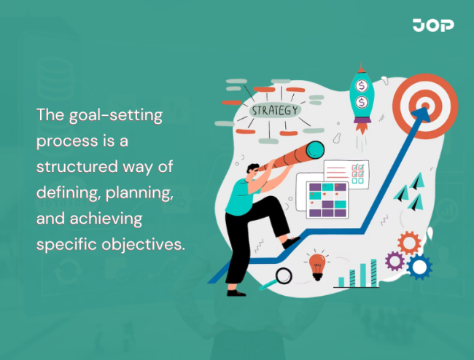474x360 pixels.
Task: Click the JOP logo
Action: [433, 26]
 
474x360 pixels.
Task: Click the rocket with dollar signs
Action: [361, 93]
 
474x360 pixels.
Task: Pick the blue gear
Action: [419, 267]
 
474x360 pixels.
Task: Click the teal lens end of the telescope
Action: [314, 151]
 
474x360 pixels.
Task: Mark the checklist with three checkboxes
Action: [346, 173]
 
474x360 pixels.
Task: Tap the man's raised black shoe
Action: [291, 242]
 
